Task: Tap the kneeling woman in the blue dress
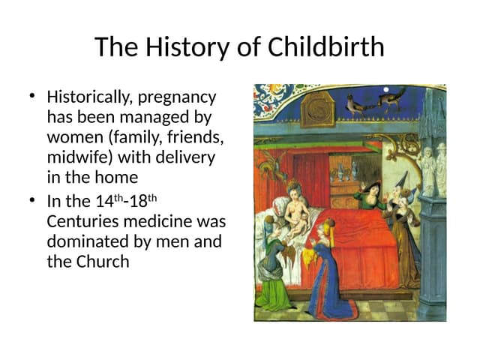pos(324,270)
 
